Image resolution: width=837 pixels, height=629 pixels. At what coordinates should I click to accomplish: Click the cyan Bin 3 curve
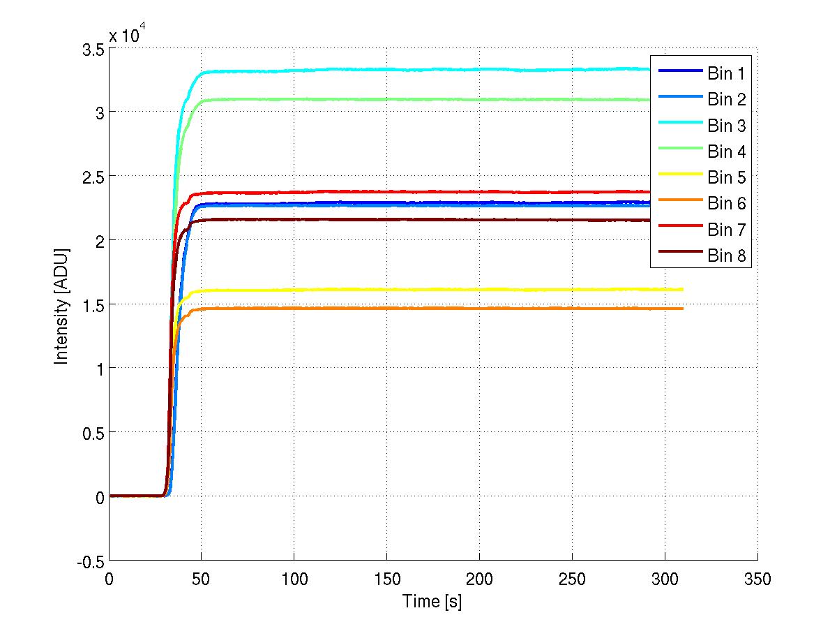click(418, 69)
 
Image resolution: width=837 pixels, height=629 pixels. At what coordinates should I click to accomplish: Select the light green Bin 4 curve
click(418, 99)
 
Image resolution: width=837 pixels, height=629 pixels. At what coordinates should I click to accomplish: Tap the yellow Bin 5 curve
click(418, 289)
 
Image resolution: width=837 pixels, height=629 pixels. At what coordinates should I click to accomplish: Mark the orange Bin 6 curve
click(418, 308)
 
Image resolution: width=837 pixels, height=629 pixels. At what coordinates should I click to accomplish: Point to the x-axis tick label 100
click(294, 579)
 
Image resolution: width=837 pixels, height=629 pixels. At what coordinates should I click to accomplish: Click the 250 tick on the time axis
click(572, 579)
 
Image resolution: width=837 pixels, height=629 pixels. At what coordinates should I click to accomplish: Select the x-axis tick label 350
click(757, 579)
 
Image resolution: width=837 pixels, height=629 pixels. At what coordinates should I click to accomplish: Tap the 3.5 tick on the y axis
click(92, 50)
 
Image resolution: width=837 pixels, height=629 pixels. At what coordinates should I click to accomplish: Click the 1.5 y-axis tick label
click(92, 305)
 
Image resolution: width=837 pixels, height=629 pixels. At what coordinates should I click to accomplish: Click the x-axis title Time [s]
click(432, 600)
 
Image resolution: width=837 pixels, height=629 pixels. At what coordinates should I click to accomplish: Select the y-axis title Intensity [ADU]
click(62, 304)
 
